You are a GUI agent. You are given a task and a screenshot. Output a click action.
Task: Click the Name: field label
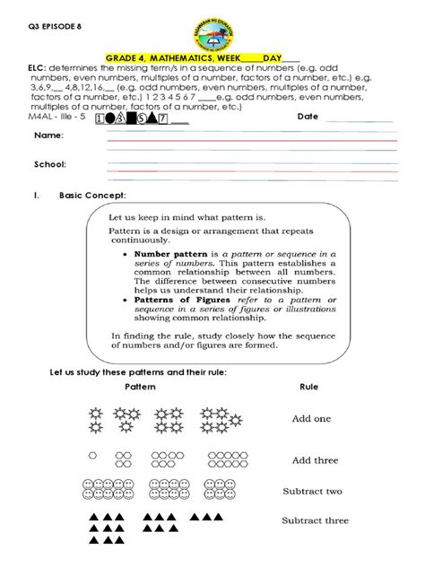[x=48, y=135]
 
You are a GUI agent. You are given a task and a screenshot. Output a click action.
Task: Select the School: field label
[x=51, y=164]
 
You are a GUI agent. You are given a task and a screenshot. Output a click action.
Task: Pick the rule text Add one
[x=311, y=418]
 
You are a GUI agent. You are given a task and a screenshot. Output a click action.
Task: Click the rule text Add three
[x=314, y=459]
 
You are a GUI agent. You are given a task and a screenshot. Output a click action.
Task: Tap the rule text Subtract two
[x=311, y=491]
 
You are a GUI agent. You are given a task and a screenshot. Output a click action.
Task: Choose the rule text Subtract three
[x=315, y=520]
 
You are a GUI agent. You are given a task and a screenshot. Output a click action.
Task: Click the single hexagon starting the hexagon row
[x=92, y=456]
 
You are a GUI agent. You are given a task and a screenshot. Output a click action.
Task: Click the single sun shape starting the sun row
[x=93, y=414]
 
